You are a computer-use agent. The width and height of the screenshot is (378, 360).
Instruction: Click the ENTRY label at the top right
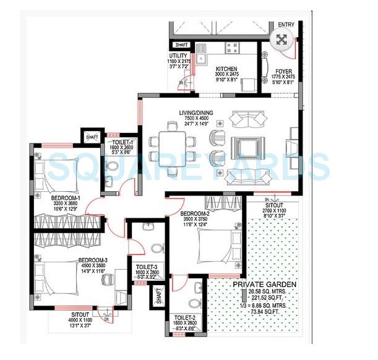point(286,25)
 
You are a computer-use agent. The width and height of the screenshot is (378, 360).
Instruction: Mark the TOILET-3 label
point(147,267)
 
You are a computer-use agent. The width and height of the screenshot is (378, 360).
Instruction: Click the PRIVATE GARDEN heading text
point(264,285)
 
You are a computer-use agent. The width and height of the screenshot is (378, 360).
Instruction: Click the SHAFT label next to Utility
point(181,45)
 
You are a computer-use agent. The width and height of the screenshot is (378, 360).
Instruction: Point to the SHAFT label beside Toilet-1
point(92,137)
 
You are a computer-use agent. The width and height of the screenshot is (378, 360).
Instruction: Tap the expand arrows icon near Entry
point(281,41)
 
